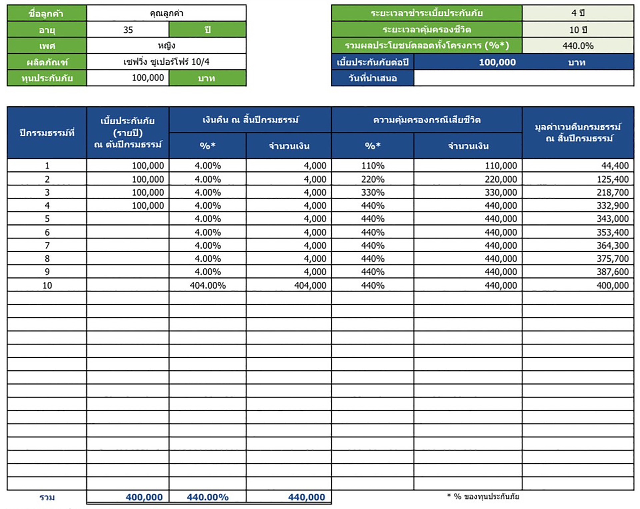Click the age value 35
128,30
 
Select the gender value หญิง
166,46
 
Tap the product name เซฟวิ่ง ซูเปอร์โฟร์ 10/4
166,62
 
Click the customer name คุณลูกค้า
166,13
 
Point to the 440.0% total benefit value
578,46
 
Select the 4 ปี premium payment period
578,13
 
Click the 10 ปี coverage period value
578,30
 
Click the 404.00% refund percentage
208,285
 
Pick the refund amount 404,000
310,285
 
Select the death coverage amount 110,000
501,166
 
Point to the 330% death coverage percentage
373,192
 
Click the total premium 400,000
144,497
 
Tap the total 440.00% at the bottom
208,497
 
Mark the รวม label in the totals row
47,497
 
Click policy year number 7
47,245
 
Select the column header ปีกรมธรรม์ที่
47,133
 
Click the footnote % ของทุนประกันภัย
483,496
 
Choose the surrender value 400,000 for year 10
612,285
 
